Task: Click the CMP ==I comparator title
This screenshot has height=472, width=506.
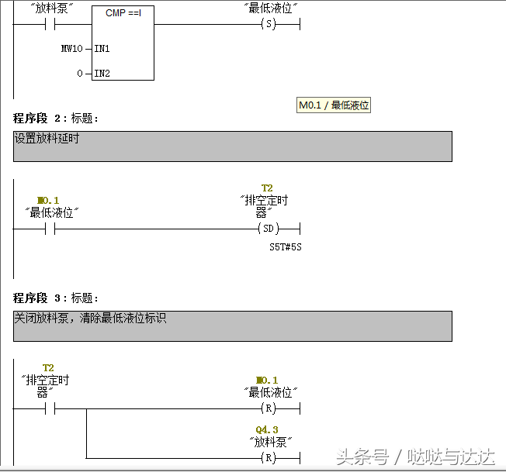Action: (x=123, y=13)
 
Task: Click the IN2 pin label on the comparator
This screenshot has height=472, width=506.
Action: (x=102, y=74)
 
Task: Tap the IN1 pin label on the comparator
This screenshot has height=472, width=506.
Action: (x=102, y=48)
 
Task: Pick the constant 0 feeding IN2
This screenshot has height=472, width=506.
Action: (x=79, y=74)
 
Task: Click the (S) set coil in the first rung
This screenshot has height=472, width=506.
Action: (x=268, y=24)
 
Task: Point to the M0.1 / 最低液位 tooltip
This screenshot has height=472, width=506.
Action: (x=334, y=105)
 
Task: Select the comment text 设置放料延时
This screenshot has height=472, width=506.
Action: (x=47, y=139)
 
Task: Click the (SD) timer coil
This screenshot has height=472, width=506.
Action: (x=268, y=229)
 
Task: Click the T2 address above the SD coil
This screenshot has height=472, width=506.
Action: (x=267, y=188)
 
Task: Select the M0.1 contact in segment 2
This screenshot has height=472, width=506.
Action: (x=51, y=229)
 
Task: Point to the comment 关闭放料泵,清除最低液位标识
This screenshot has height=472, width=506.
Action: (x=89, y=319)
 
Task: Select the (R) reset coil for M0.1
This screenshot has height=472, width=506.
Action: (x=268, y=408)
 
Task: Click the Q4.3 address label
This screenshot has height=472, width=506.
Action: (x=266, y=429)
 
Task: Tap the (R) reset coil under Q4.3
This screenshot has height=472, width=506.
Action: (x=268, y=457)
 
